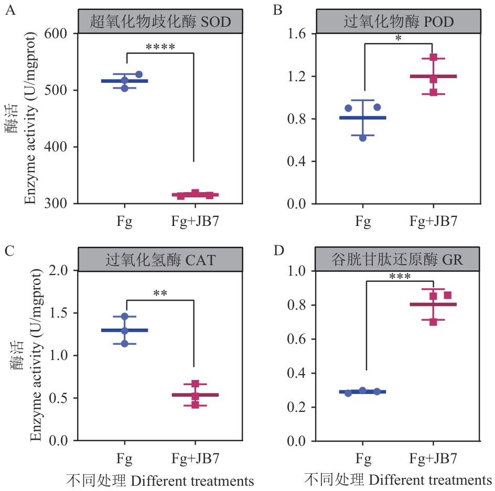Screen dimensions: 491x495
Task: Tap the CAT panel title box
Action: click(x=160, y=259)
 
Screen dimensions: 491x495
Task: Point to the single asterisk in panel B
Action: click(x=399, y=38)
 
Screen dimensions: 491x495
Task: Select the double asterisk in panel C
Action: click(x=160, y=294)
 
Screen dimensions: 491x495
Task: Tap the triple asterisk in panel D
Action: click(x=399, y=276)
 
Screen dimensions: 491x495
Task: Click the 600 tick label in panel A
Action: click(x=63, y=34)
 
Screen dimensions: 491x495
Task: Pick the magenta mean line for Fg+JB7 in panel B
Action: click(x=434, y=77)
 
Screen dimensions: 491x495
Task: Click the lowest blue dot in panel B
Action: click(x=362, y=138)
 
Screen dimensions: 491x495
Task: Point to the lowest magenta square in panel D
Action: click(x=433, y=322)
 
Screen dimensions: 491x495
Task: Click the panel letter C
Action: click(x=9, y=251)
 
